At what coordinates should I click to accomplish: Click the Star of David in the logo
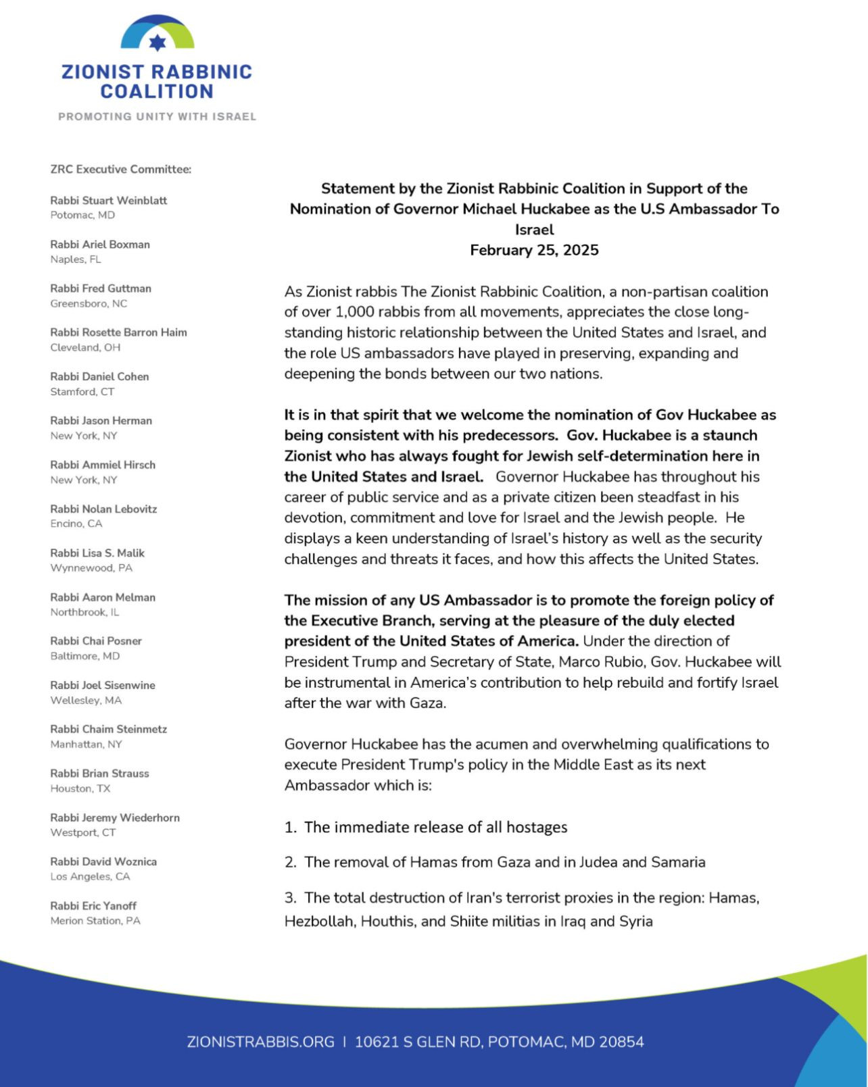[157, 43]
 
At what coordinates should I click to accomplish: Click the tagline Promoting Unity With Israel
[157, 116]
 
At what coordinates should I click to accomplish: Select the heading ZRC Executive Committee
[120, 169]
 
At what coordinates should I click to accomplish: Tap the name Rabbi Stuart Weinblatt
[108, 201]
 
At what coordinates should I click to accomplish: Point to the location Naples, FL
[76, 259]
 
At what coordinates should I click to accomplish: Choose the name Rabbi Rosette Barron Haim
[118, 332]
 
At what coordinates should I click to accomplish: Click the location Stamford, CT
[82, 392]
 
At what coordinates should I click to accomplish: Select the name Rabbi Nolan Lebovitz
[103, 509]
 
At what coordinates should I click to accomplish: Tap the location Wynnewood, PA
[91, 568]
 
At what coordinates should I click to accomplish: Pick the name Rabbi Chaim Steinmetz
[108, 729]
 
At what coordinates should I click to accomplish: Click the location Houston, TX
[80, 788]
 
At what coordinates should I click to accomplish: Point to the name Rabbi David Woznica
[103, 861]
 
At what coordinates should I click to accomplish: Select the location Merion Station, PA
[95, 921]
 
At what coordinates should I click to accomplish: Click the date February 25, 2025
[534, 250]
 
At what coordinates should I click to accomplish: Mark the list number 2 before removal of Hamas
[290, 862]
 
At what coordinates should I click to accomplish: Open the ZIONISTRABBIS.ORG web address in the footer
[260, 1042]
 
